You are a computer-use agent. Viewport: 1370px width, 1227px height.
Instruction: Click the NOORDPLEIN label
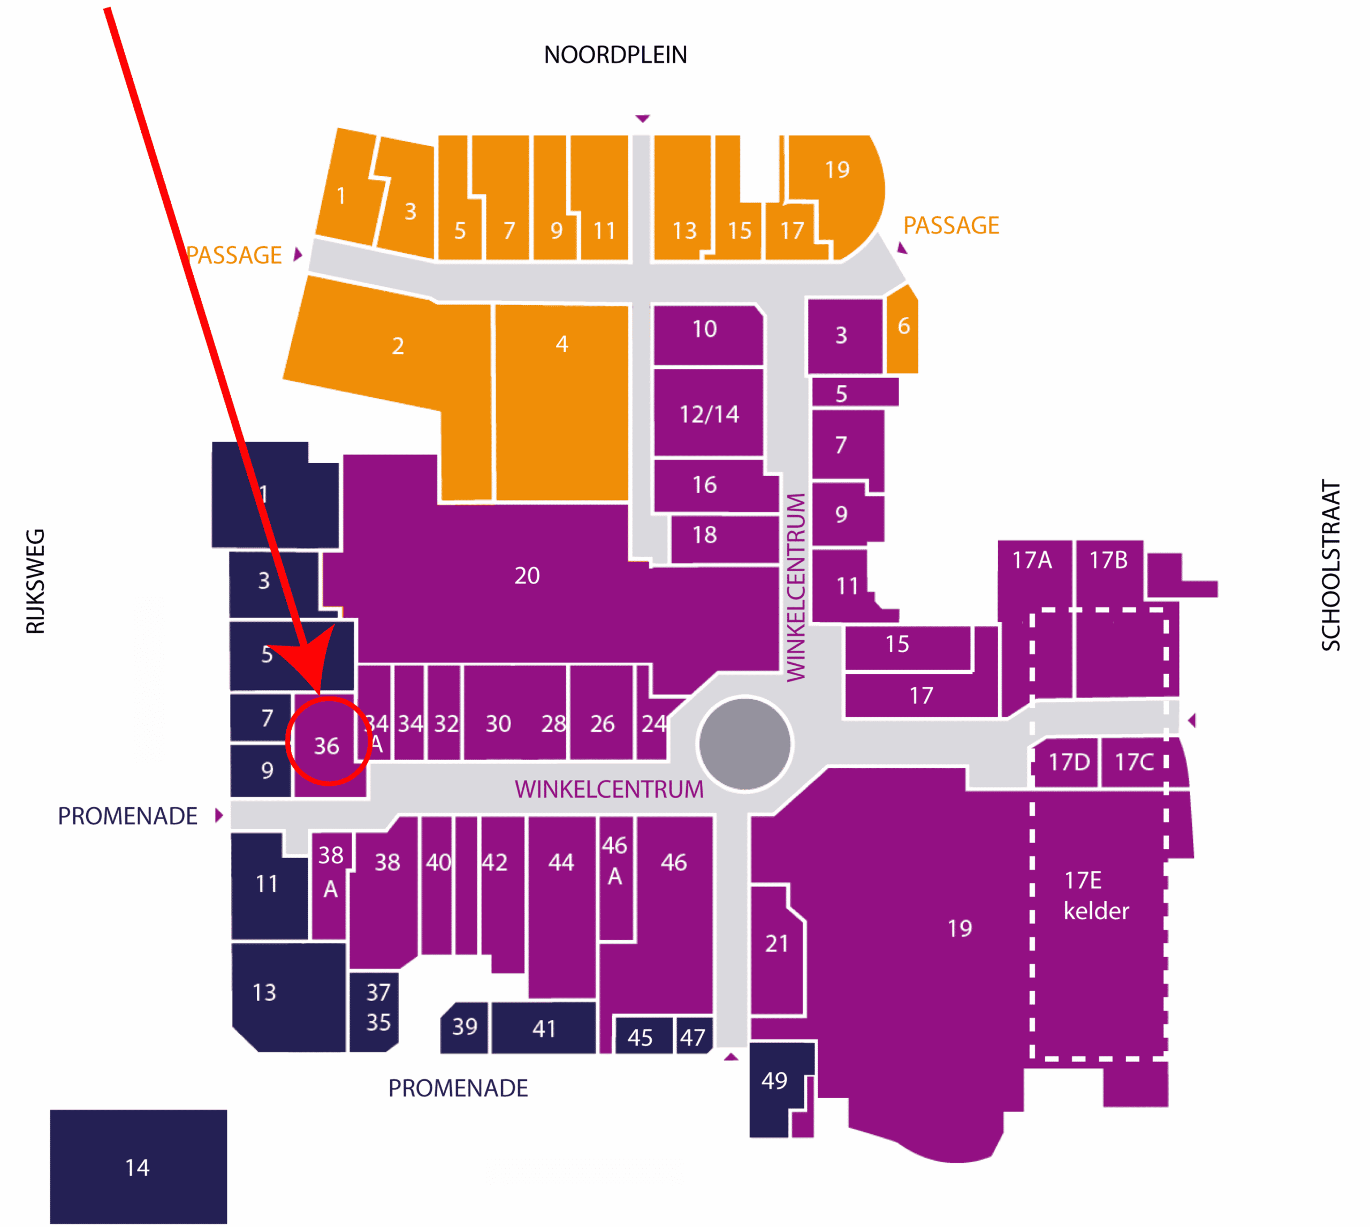615,55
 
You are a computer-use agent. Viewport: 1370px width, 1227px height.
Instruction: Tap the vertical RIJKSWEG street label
35,581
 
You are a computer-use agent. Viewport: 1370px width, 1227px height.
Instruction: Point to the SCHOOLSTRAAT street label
1330,565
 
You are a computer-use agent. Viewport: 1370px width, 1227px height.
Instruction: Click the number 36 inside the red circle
327,746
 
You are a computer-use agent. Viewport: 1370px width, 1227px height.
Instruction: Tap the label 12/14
709,414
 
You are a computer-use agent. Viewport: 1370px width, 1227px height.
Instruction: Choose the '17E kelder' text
1095,895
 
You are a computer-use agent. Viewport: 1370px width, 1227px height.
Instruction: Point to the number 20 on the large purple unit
527,575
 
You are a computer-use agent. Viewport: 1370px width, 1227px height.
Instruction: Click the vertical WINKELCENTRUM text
796,587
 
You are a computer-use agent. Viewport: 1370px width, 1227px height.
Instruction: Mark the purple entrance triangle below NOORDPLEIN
642,119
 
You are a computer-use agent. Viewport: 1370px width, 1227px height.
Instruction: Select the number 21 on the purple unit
777,943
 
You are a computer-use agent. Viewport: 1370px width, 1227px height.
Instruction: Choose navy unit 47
694,1035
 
